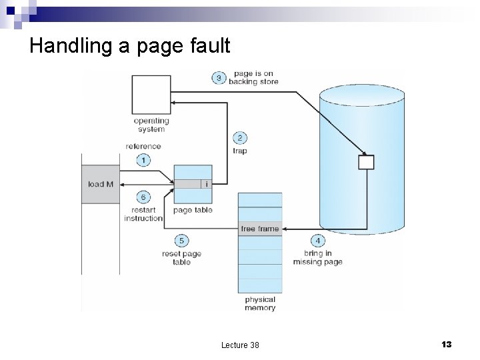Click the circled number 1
pos(143,160)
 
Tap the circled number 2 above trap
pos(240,138)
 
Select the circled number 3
pos(219,78)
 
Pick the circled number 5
pos(181,241)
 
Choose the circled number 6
pos(143,197)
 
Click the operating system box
pos(151,95)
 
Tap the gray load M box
pos(101,183)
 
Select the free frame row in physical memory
pos(260,229)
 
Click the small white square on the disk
pos(366,162)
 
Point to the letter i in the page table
pos(207,184)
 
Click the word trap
pos(240,151)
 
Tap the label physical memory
pos(260,304)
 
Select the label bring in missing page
pos(317,258)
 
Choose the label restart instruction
pos(143,214)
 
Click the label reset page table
pos(181,258)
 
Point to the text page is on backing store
pos(253,78)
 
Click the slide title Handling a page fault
pos(130,46)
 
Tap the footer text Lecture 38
pos(240,345)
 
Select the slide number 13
pos(446,344)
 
